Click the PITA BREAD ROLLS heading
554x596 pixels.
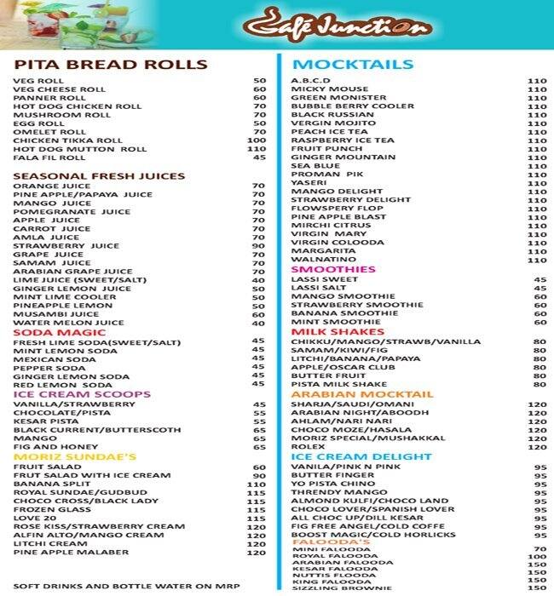click(111, 65)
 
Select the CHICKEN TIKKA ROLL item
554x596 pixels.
click(56, 140)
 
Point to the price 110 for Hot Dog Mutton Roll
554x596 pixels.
click(257, 149)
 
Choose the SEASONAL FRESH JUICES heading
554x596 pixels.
click(99, 176)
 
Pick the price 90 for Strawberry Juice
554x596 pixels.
click(258, 246)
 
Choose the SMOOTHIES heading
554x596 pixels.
click(333, 269)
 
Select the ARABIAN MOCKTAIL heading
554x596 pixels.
click(350, 394)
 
